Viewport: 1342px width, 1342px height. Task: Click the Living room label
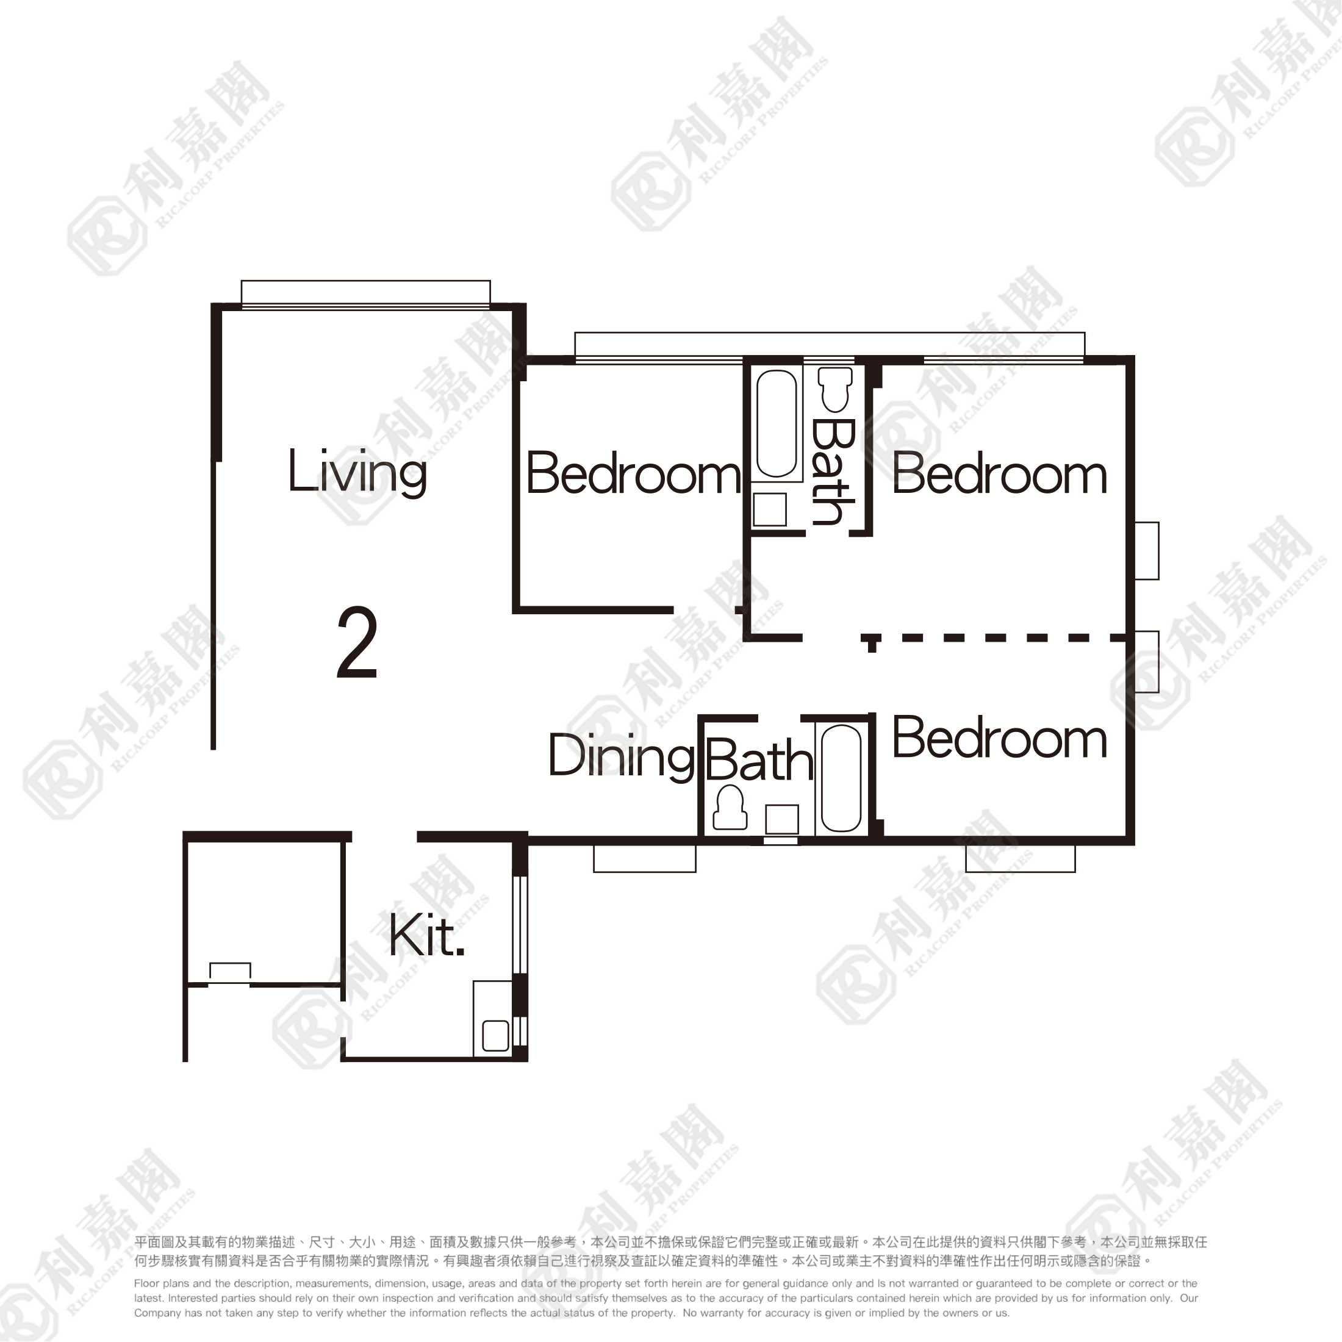(357, 472)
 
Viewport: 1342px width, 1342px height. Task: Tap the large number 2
(357, 642)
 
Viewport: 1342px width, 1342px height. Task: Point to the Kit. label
(426, 936)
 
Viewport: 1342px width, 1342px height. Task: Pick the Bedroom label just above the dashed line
(999, 474)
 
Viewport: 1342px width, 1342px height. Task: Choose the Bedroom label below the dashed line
(999, 737)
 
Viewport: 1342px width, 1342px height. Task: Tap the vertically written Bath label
(832, 472)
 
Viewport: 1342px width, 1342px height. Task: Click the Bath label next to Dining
(759, 760)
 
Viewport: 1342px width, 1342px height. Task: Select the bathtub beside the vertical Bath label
(776, 424)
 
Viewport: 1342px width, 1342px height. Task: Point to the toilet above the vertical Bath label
(835, 389)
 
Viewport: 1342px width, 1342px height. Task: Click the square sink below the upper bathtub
(770, 510)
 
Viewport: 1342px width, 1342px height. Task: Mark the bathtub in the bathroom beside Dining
(841, 778)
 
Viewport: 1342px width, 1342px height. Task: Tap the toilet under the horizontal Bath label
(730, 807)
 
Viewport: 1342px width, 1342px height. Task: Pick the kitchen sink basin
(495, 1035)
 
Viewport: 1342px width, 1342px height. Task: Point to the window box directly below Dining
(645, 858)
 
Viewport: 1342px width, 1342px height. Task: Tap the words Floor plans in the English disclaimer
(162, 1283)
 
